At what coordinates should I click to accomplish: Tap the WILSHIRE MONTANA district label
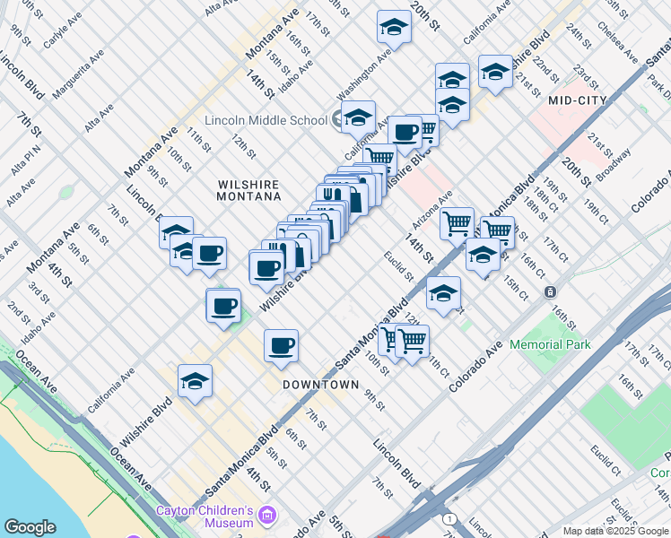click(x=249, y=188)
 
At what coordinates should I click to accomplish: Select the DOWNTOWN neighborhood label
click(x=320, y=384)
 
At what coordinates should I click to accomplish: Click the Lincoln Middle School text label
click(x=266, y=120)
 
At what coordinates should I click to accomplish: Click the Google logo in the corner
click(x=30, y=527)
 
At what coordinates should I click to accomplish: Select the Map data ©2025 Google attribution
click(x=614, y=531)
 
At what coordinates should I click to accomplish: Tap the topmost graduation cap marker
click(x=393, y=29)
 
